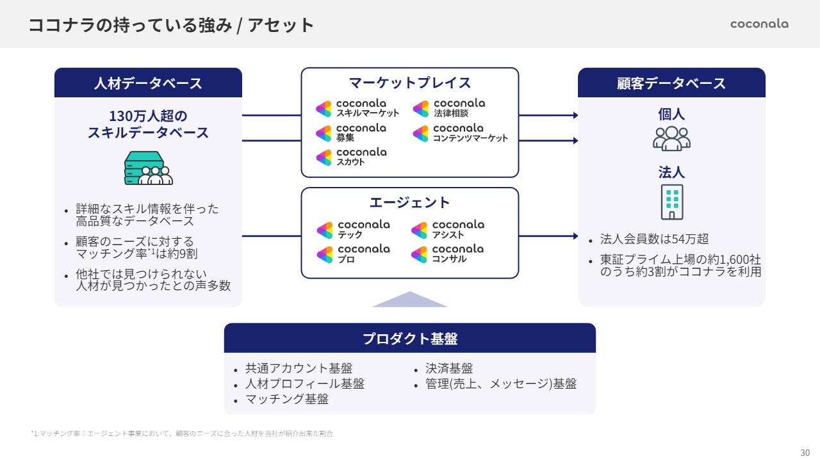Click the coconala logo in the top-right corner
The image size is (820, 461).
759,24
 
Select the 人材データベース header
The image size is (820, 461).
148,83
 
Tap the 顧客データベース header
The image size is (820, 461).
671,83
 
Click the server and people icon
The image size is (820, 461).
148,168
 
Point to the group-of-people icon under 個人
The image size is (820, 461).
671,138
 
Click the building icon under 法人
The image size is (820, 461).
671,202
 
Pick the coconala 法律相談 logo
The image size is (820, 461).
449,108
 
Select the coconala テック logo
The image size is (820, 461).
353,230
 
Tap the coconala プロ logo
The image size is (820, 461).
353,254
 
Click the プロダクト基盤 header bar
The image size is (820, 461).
410,338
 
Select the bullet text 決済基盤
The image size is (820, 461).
449,369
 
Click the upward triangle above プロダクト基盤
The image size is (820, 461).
410,300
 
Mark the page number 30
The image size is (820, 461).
805,452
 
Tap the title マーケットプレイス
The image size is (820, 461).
410,83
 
